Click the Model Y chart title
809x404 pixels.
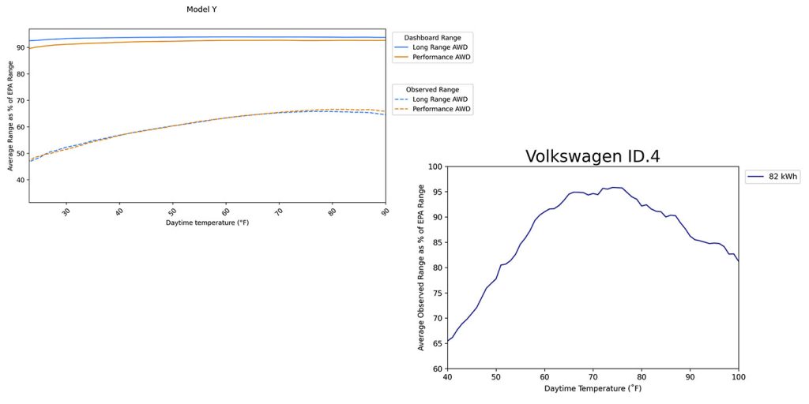[207, 9]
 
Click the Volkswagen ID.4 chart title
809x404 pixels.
[593, 156]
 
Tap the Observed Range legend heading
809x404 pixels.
[432, 89]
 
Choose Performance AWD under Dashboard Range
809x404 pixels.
[442, 58]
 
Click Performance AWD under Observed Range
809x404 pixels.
[442, 110]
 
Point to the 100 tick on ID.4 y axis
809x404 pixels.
[433, 166]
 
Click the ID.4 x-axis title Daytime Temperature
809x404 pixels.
[593, 388]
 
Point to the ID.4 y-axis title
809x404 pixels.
[421, 267]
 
